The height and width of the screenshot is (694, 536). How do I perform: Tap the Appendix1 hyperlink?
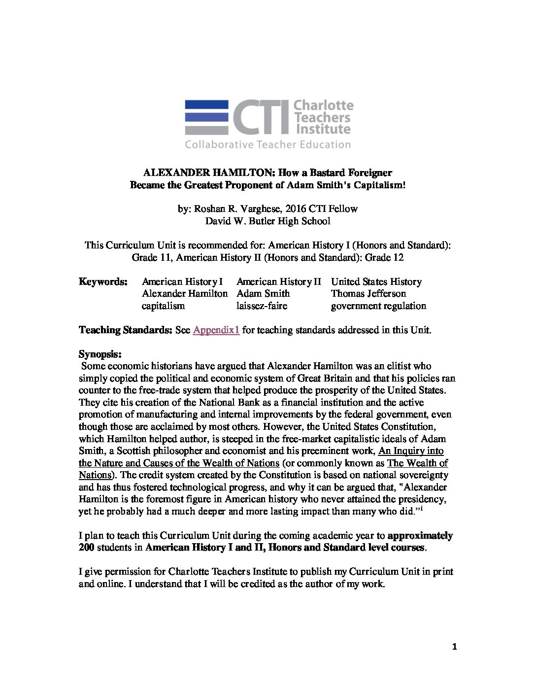tap(216, 330)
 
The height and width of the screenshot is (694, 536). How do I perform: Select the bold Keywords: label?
tap(103, 282)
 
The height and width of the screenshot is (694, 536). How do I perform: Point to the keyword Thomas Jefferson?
tap(368, 294)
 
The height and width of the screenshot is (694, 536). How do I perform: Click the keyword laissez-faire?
tap(262, 306)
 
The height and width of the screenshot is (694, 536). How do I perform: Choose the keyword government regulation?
tap(378, 306)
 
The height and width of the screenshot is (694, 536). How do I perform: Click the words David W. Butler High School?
tap(268, 221)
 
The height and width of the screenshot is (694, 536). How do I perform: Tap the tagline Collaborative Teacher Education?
tap(268, 144)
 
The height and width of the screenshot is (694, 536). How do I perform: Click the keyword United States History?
tap(376, 282)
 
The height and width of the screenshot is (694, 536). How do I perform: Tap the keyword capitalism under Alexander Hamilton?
tap(163, 306)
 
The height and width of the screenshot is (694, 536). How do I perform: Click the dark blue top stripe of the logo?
tap(206, 104)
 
